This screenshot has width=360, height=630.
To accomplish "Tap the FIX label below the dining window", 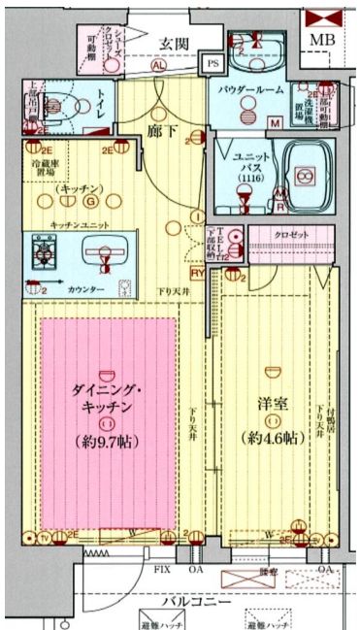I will point(159,567).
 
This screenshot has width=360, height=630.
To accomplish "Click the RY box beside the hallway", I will point(197,274).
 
